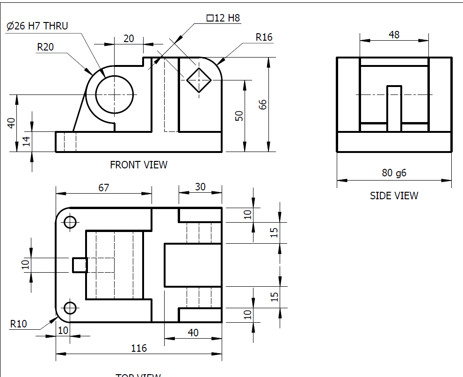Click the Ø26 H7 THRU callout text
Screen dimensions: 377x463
[37, 26]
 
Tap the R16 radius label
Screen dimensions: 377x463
[264, 37]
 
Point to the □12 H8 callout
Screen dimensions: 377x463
[224, 18]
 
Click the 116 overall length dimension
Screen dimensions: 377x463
[139, 348]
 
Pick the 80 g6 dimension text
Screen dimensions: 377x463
[394, 173]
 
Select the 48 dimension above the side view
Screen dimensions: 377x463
[394, 35]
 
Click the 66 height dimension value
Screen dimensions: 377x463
[262, 104]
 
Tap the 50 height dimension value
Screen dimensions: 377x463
[239, 116]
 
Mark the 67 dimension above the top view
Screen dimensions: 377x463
[103, 188]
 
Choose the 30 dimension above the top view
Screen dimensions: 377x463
[200, 187]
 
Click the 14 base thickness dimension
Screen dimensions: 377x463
[26, 142]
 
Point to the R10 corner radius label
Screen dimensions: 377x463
[19, 323]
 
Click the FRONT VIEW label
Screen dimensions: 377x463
[138, 165]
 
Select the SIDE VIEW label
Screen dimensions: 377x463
[394, 196]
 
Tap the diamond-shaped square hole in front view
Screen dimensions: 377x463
[199, 80]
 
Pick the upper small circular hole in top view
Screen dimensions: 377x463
[70, 222]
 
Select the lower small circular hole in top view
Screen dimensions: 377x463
[70, 308]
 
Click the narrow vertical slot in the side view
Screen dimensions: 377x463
[394, 108]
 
